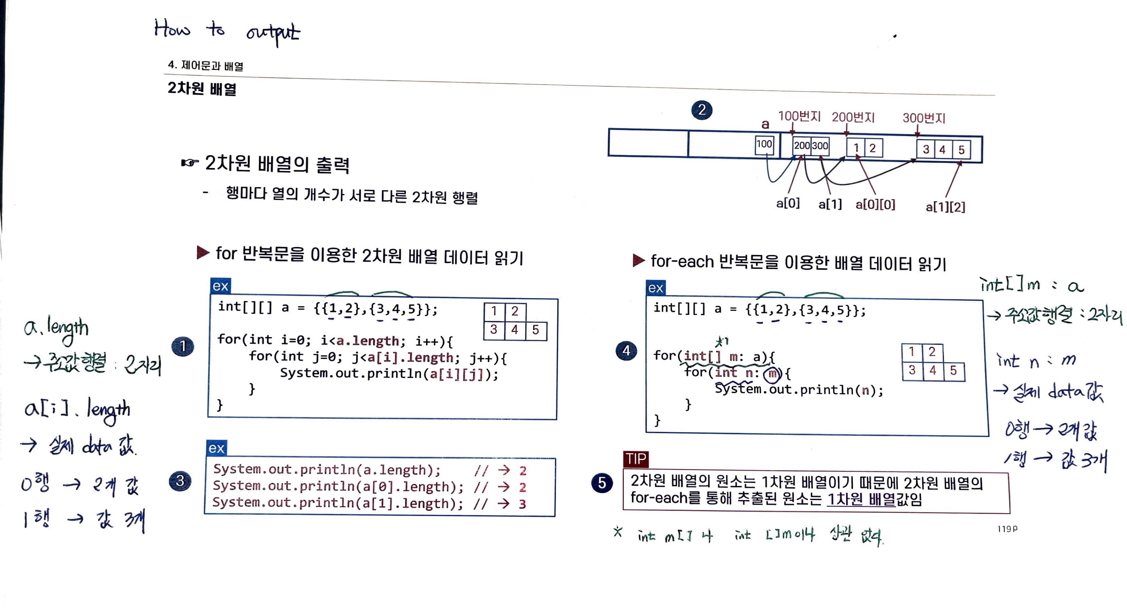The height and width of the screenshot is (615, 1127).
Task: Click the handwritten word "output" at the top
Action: (x=273, y=33)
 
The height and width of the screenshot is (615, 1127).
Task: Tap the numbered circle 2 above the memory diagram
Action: (x=702, y=110)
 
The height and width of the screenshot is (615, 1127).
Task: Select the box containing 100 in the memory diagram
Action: (x=764, y=144)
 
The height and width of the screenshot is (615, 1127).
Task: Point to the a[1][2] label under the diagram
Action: (x=945, y=206)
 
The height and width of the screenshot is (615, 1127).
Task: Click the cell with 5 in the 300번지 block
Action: (x=961, y=150)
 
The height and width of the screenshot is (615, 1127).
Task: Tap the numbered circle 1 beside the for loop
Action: (x=183, y=346)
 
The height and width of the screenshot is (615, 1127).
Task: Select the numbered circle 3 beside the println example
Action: (x=180, y=481)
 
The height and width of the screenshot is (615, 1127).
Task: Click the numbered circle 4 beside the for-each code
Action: (x=626, y=350)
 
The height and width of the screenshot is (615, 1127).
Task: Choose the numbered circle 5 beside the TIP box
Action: (x=602, y=483)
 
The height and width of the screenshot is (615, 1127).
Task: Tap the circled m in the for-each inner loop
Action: (x=772, y=374)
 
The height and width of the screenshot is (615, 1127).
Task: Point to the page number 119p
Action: (x=1007, y=529)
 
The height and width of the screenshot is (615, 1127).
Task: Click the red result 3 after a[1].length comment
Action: (x=522, y=504)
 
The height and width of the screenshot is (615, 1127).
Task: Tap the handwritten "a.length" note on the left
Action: (x=56, y=328)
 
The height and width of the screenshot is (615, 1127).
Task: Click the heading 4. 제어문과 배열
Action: (x=205, y=66)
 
